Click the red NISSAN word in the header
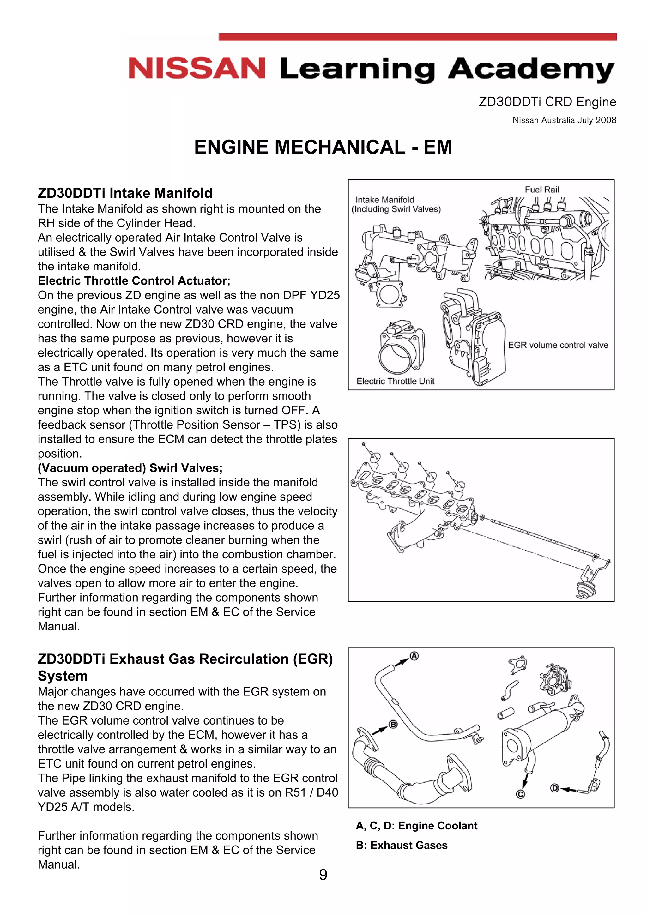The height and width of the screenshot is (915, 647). [x=197, y=68]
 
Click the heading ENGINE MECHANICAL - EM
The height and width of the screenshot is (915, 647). [x=323, y=147]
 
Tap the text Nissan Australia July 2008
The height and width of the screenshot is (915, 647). [x=564, y=120]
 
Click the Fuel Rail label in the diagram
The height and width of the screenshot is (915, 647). [x=541, y=190]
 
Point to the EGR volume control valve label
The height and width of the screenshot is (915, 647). [x=558, y=345]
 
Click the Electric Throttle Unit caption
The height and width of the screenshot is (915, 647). [x=395, y=382]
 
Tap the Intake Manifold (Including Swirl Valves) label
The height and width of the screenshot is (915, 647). [x=396, y=204]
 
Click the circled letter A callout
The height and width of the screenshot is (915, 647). [x=414, y=656]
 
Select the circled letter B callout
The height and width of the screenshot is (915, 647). [x=393, y=725]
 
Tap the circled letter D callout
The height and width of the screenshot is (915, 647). [x=554, y=788]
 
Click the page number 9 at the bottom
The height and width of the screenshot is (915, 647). [x=323, y=875]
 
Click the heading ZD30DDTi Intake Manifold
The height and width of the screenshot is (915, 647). [x=125, y=193]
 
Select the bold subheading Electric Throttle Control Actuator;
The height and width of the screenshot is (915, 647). [x=134, y=281]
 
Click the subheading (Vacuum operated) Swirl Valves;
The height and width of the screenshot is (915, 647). [x=130, y=468]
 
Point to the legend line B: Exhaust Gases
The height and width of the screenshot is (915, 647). [x=402, y=845]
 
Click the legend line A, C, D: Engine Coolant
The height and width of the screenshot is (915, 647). [x=416, y=826]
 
